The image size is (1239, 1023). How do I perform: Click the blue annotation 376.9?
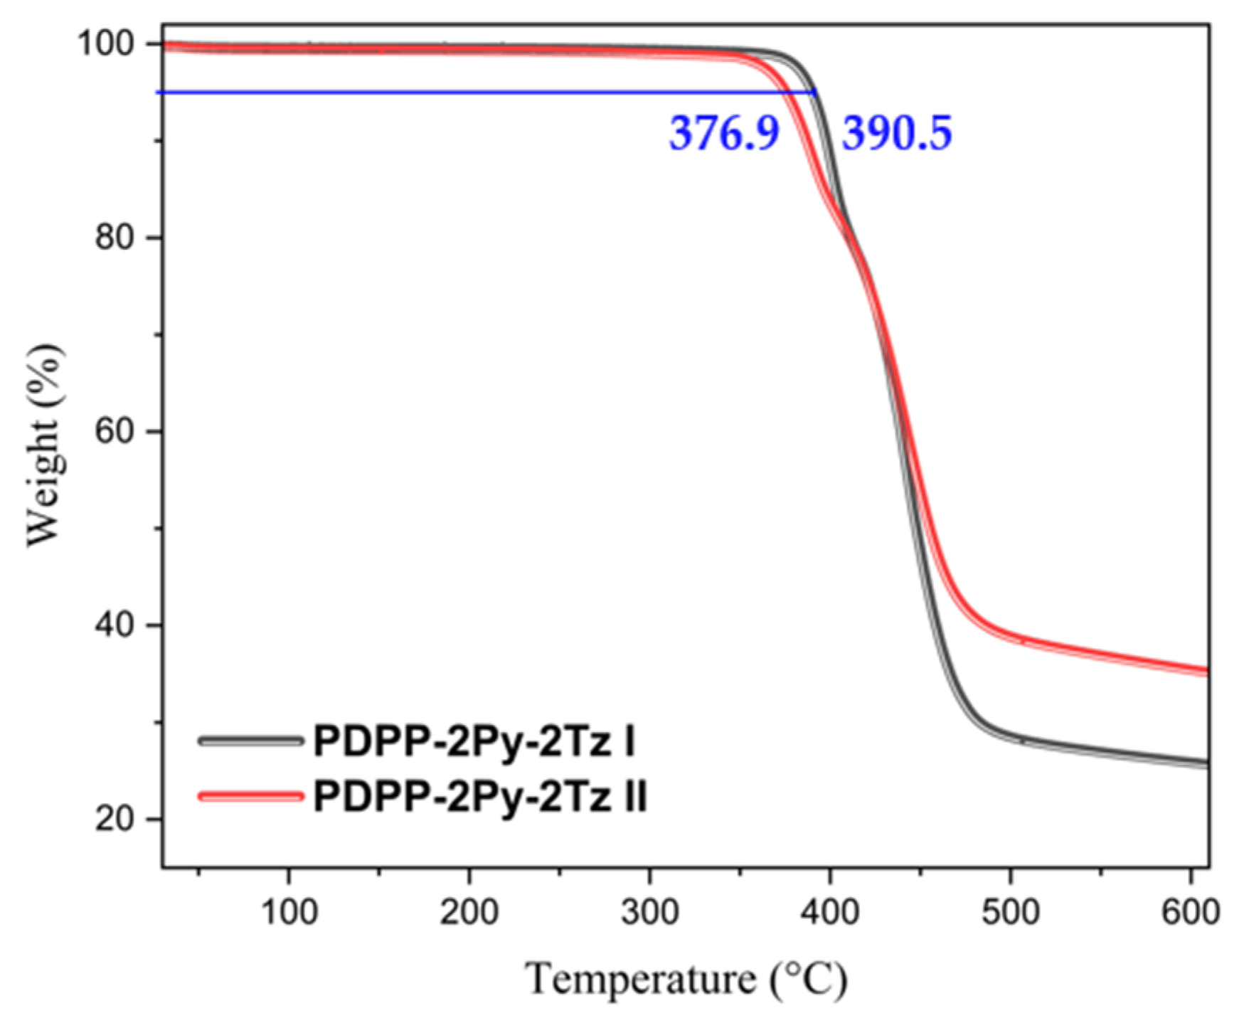tap(724, 133)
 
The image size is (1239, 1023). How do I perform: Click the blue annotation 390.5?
tap(897, 133)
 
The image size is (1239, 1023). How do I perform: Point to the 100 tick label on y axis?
tap(106, 44)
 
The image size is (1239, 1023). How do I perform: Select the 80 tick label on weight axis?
tap(115, 238)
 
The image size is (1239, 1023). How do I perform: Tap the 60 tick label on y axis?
tap(115, 432)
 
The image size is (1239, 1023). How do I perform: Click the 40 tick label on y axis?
tap(115, 625)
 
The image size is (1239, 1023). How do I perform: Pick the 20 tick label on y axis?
tap(115, 820)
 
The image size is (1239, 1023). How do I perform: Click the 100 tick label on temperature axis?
tap(289, 911)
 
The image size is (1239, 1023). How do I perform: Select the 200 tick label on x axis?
tap(469, 911)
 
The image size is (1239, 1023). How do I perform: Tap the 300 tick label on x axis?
tap(649, 911)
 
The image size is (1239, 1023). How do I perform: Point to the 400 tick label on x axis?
tap(830, 911)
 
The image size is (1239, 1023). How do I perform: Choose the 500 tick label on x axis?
tap(1011, 911)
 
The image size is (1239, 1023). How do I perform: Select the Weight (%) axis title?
tap(44, 446)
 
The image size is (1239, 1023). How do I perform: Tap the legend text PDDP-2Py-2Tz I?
tap(474, 741)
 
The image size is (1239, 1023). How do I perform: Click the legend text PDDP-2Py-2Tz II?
tap(480, 796)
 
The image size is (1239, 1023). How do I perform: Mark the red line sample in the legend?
tap(250, 796)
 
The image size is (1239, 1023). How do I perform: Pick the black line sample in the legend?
tap(250, 741)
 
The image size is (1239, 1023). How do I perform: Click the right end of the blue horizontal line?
tap(814, 92)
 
